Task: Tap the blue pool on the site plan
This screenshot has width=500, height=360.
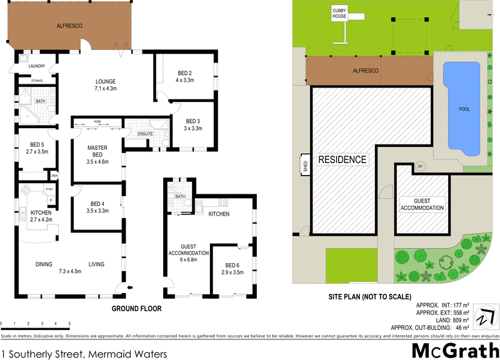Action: [464, 108]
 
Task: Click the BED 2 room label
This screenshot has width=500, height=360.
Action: [184, 76]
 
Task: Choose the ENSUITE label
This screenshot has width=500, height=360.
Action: [146, 134]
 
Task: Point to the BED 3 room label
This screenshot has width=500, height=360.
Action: [192, 125]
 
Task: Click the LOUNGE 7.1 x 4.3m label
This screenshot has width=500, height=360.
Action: [105, 85]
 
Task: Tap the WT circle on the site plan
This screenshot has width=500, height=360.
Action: [420, 167]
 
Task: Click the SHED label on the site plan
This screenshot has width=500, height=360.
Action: [306, 166]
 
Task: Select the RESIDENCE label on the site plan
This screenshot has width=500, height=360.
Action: [342, 159]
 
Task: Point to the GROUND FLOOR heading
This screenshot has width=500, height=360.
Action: [136, 309]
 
